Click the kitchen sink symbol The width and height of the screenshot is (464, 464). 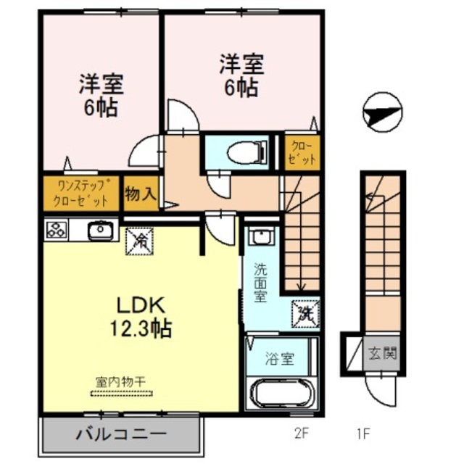tap(100, 231)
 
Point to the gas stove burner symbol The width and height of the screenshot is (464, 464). tap(56, 231)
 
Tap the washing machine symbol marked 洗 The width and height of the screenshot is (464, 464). tap(304, 313)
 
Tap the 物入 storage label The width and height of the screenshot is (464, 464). tap(140, 194)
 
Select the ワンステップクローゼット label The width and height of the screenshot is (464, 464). tap(81, 194)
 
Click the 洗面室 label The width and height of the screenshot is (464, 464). tap(259, 283)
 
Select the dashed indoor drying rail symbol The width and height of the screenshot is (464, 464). tap(122, 394)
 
